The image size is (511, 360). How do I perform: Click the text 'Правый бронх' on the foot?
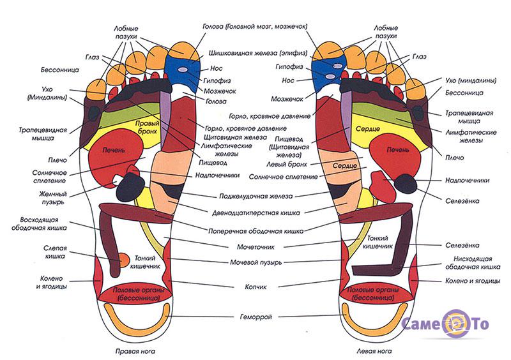point(148,124)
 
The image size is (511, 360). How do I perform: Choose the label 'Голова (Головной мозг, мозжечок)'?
point(255,27)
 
